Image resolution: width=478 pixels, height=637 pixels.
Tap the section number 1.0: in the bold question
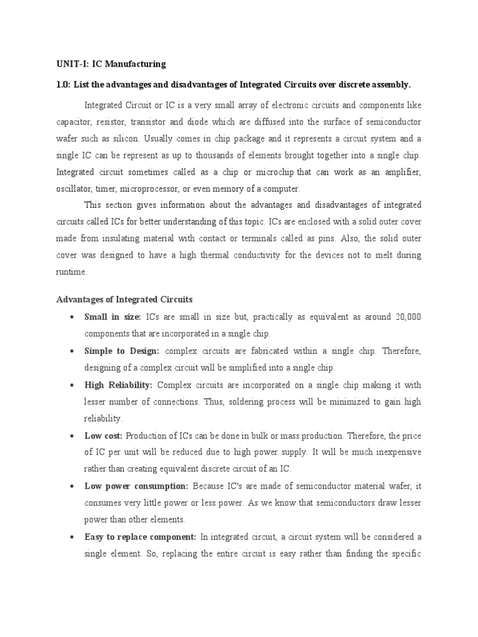coord(65,84)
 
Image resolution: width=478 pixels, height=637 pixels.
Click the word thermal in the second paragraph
coord(216,255)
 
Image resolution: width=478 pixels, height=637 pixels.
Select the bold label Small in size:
coord(113,317)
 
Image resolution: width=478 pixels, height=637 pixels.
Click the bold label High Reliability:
coord(118,385)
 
